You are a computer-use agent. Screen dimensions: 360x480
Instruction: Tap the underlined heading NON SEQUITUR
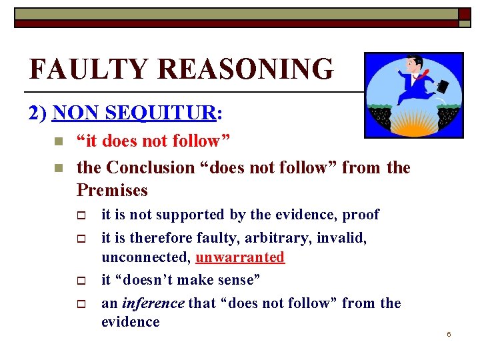point(134,113)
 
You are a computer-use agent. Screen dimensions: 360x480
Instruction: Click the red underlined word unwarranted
point(240,257)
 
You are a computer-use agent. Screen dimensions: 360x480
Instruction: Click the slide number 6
point(449,334)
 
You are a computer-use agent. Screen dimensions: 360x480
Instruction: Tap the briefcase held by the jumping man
point(441,86)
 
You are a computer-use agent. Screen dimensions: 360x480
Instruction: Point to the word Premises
point(112,191)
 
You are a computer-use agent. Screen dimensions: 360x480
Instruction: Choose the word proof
point(360,215)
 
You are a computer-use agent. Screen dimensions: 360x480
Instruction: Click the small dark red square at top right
point(464,15)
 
